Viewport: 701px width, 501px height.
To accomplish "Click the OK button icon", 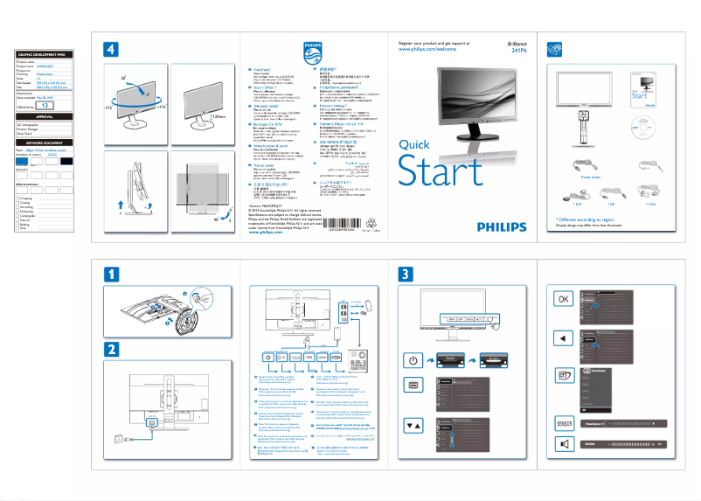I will [564, 298].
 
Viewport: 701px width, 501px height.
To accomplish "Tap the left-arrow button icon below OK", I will [564, 338].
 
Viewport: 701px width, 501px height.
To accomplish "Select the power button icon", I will [413, 360].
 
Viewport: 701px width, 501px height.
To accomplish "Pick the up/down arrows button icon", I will [413, 426].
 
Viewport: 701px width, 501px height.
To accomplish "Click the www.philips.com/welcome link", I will [427, 51].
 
